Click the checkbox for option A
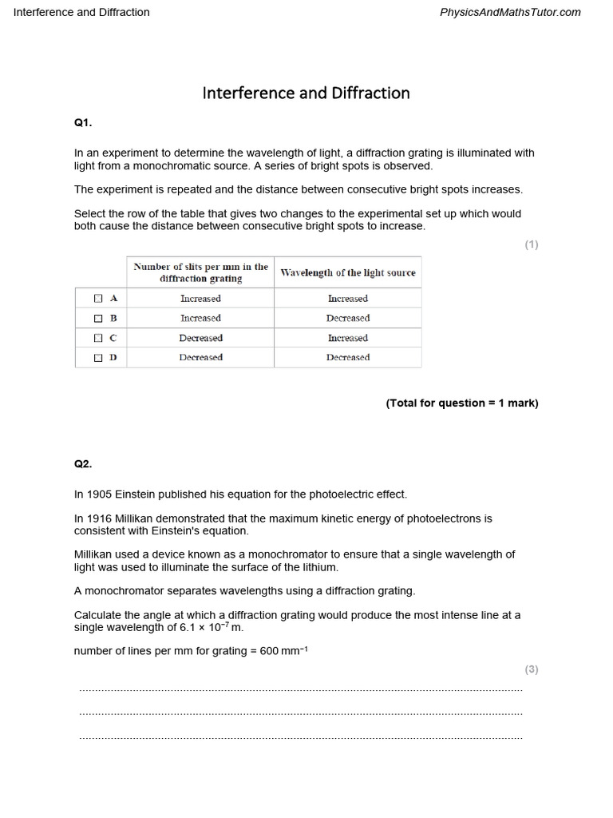pos(98,298)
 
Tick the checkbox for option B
pos(98,318)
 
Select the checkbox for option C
pos(98,338)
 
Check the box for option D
pos(98,358)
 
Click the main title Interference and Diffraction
pos(306,93)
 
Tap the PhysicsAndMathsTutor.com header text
pos(510,12)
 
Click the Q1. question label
pos(83,123)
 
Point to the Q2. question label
pos(83,463)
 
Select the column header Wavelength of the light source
pos(348,272)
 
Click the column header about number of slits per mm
pos(200,272)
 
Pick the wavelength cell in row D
pos(348,358)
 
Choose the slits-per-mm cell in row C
pos(200,338)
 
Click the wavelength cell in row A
pos(348,298)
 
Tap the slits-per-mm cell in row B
pos(200,318)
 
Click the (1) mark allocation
pos(531,244)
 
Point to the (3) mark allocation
pos(531,669)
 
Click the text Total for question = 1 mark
pos(462,403)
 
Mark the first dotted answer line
pos(301,689)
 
